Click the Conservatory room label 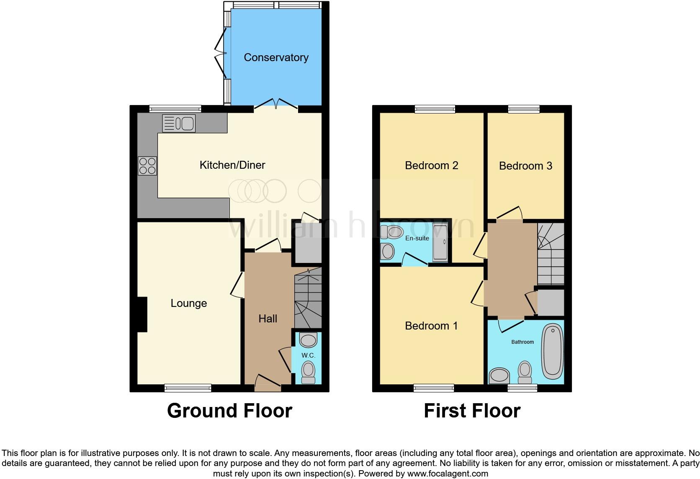pyautogui.click(x=276, y=57)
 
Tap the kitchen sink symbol pyautogui.click(x=179, y=123)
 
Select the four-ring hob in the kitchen pyautogui.click(x=147, y=165)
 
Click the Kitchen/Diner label pyautogui.click(x=232, y=165)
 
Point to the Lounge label pyautogui.click(x=189, y=303)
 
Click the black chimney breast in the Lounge pyautogui.click(x=142, y=314)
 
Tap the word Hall pyautogui.click(x=268, y=319)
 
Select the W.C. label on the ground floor pyautogui.click(x=308, y=355)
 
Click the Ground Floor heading pyautogui.click(x=229, y=411)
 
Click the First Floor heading pyautogui.click(x=472, y=411)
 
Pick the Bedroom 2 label pyautogui.click(x=432, y=165)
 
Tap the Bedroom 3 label pyautogui.click(x=525, y=166)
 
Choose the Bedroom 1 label pyautogui.click(x=432, y=326)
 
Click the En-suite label pyautogui.click(x=417, y=238)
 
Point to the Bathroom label pyautogui.click(x=522, y=342)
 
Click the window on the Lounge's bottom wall pyautogui.click(x=188, y=388)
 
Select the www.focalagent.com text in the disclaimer pyautogui.click(x=448, y=474)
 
